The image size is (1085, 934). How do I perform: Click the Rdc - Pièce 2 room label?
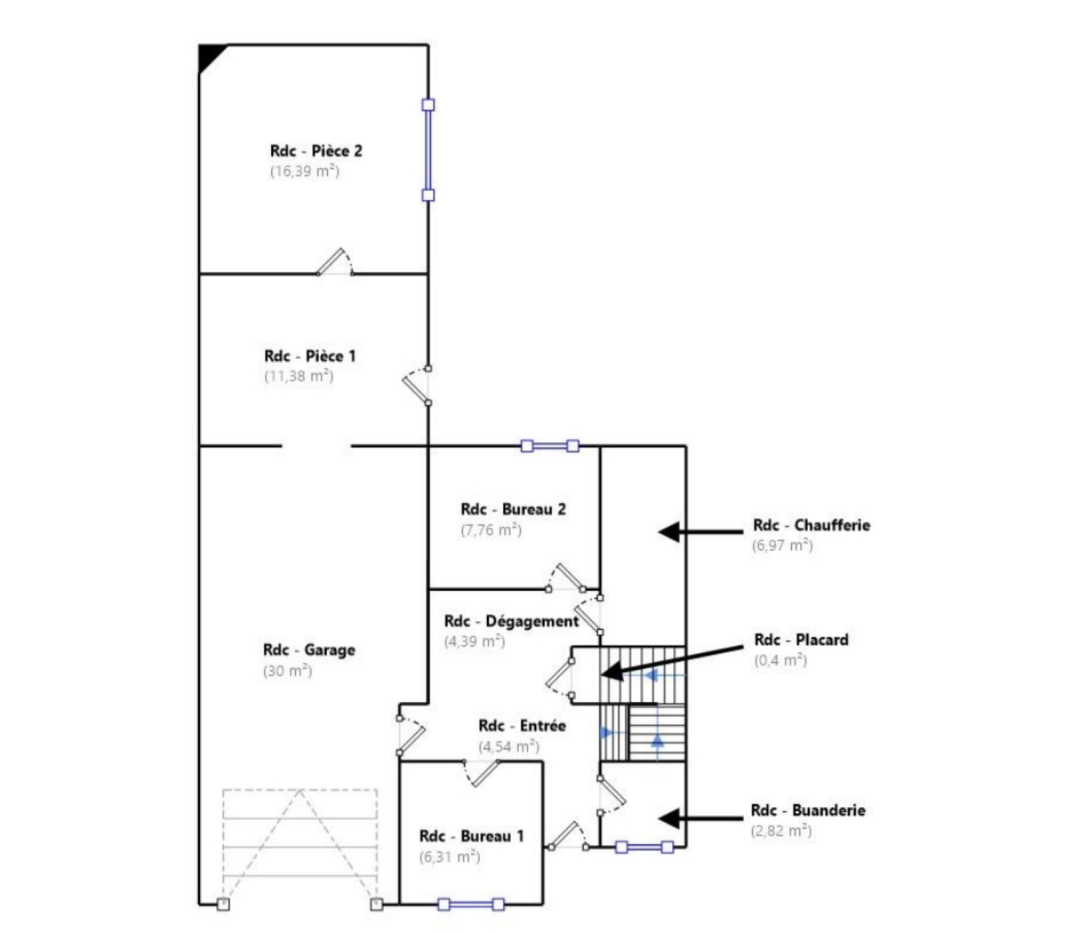point(316,151)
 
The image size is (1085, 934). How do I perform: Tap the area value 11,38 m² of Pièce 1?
point(298,376)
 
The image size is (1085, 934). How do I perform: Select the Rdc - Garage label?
point(309,650)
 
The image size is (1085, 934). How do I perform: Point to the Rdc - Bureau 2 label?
point(513,509)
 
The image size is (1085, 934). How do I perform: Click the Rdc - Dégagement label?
point(512,621)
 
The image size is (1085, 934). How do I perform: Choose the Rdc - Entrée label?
point(522,726)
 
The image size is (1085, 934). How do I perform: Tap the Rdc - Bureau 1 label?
point(472,836)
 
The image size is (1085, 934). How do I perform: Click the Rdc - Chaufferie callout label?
point(812,525)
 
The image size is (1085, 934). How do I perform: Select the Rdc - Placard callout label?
point(802,640)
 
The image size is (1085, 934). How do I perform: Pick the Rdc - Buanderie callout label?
point(808,810)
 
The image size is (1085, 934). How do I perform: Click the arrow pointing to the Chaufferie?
point(701,532)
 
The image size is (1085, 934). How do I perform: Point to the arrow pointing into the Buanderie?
point(701,818)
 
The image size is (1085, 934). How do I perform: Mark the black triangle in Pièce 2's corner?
point(208,55)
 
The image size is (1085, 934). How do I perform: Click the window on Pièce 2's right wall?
point(428,150)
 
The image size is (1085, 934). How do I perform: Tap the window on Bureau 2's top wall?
point(550,446)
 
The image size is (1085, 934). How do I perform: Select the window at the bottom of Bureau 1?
point(471,904)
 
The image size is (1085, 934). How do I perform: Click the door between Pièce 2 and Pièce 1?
point(335,262)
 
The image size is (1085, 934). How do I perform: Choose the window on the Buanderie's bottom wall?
point(644,847)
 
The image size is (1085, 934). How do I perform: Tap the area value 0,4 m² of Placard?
point(781,660)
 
